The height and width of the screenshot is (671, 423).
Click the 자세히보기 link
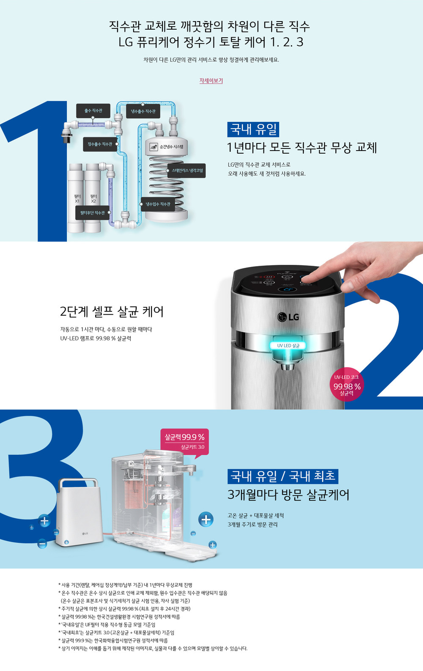pyautogui.click(x=211, y=80)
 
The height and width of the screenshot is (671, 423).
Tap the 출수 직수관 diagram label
pyautogui.click(x=93, y=111)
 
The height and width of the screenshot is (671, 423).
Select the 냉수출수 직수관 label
pyautogui.click(x=143, y=111)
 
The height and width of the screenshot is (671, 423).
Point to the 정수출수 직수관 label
pyautogui.click(x=100, y=144)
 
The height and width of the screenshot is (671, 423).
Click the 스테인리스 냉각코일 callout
pyautogui.click(x=187, y=171)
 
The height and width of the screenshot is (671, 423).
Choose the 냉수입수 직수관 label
pyautogui.click(x=158, y=204)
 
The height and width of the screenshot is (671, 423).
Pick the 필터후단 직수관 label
pyautogui.click(x=92, y=213)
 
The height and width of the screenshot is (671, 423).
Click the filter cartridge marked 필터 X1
pyautogui.click(x=75, y=198)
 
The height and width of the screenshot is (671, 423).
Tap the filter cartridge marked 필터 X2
pyautogui.click(x=93, y=198)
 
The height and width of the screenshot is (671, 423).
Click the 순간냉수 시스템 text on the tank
pyautogui.click(x=171, y=147)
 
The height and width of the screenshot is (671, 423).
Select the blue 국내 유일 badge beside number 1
pyautogui.click(x=253, y=129)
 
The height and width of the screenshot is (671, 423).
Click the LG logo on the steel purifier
pyautogui.click(x=288, y=317)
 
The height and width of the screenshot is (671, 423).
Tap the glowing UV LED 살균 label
pyautogui.click(x=288, y=346)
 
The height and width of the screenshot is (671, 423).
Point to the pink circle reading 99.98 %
pyautogui.click(x=347, y=384)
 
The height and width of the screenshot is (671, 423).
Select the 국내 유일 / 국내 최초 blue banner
pyautogui.click(x=283, y=476)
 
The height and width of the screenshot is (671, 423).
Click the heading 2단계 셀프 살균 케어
pyautogui.click(x=112, y=311)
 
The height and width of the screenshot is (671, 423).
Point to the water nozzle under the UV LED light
pyautogui.click(x=287, y=366)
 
